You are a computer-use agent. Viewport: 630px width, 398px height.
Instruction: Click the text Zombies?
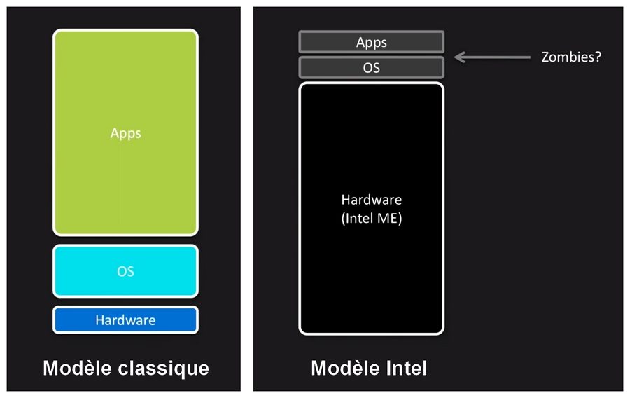coord(571,57)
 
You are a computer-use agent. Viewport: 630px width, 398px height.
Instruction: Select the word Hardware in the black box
coord(372,200)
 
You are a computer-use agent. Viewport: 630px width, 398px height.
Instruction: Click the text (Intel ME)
coord(372,218)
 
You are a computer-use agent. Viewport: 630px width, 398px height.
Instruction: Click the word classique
coord(167,368)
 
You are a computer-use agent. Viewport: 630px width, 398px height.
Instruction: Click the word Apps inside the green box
coord(126,132)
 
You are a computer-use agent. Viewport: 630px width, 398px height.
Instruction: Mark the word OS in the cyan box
coord(126,271)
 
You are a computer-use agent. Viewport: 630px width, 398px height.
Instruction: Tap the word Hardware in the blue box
coord(126,320)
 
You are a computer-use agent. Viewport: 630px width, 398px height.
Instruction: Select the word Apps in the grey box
coord(372,42)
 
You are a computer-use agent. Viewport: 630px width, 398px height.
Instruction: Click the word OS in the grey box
coord(372,68)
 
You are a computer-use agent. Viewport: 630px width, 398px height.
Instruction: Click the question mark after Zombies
coord(598,57)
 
